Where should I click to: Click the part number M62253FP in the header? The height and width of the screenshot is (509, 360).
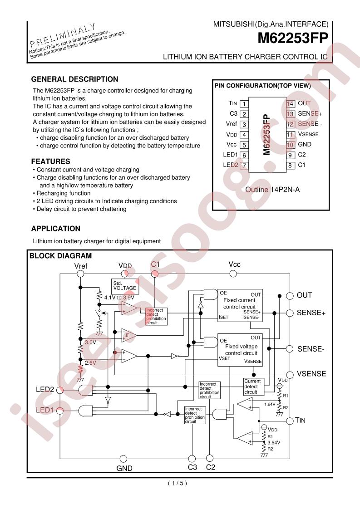point(293,38)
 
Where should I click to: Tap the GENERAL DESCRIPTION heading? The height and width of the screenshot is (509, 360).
point(75,79)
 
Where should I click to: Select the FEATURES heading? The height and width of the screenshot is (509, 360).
point(51,162)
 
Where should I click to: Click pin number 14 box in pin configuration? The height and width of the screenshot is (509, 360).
point(290,103)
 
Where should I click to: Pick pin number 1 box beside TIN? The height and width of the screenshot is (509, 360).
point(244,103)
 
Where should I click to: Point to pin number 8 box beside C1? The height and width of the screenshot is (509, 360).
point(290,165)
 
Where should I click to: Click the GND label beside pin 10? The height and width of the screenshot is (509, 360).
point(305,144)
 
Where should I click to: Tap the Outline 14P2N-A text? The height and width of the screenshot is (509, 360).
point(272,190)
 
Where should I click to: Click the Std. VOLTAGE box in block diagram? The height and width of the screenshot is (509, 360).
point(125,286)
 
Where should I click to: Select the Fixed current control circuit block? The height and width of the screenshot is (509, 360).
point(240,305)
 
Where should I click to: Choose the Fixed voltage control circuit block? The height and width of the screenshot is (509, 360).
point(240,350)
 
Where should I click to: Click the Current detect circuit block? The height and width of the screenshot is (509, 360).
point(253,387)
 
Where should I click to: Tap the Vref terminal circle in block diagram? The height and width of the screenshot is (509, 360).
point(80,274)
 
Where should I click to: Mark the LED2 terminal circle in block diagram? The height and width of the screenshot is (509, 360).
point(60,390)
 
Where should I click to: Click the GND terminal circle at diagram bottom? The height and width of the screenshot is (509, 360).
point(123,459)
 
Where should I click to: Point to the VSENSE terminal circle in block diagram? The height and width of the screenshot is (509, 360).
point(290,374)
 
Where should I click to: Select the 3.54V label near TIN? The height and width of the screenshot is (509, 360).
point(274,442)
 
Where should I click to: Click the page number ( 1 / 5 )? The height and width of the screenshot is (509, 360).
point(178,483)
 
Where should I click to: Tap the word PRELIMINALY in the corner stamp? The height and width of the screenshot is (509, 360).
point(63,35)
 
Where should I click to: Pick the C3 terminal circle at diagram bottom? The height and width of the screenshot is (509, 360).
point(192,459)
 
